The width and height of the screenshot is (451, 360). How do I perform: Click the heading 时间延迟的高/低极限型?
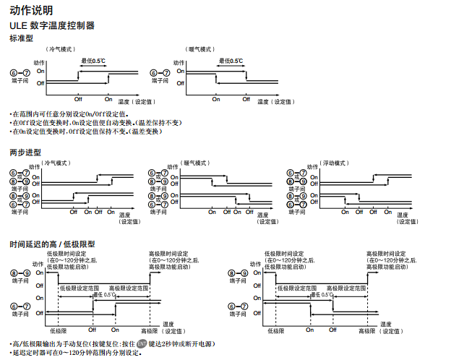52,244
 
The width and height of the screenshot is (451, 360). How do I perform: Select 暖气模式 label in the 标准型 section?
201,49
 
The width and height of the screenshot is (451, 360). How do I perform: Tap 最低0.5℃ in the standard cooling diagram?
93,61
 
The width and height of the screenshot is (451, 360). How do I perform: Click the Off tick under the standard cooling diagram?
77,99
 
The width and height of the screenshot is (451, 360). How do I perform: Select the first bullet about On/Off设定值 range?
69,113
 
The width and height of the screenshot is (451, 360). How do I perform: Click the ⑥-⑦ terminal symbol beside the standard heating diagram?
160,73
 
